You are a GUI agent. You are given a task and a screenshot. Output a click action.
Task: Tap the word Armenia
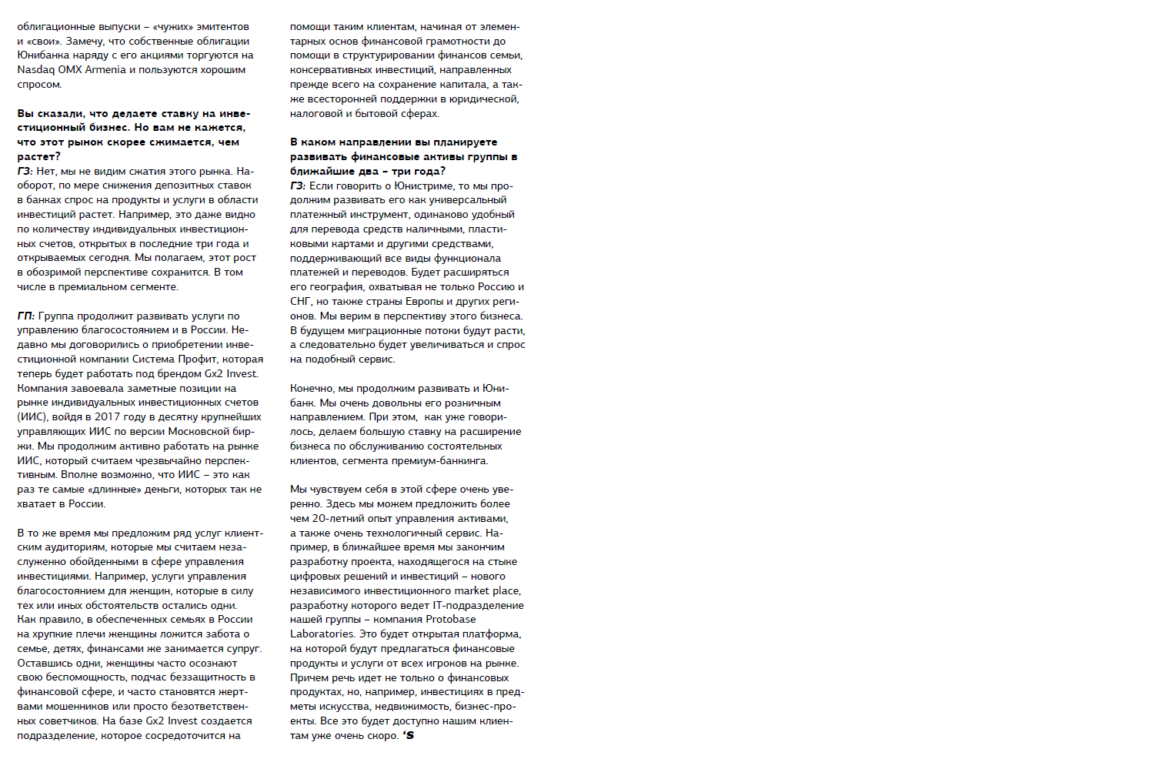tap(105, 70)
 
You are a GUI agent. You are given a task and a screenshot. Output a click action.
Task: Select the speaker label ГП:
tap(25, 316)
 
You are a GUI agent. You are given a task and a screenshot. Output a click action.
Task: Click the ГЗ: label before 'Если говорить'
tap(298, 186)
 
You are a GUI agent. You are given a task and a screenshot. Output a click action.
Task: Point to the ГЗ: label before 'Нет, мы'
tap(25, 171)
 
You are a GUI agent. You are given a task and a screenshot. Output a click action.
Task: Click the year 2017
tap(107, 417)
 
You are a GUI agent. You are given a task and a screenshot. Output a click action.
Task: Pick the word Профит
tap(198, 359)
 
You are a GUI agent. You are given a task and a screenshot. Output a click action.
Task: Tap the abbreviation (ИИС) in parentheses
tap(32, 417)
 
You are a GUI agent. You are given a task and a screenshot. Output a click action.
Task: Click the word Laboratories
tap(322, 634)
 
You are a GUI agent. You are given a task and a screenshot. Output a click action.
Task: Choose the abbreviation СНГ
tap(300, 302)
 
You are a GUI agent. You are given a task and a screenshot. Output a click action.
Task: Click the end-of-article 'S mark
tap(409, 736)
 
